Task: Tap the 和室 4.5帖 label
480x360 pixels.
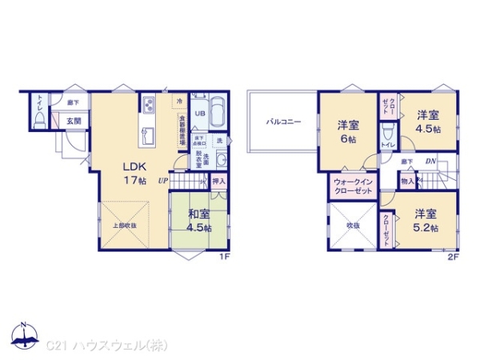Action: (198, 220)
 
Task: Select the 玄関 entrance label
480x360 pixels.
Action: (74, 121)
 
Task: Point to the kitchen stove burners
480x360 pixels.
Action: (149, 105)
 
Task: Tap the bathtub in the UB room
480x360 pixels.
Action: (218, 114)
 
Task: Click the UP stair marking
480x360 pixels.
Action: (162, 182)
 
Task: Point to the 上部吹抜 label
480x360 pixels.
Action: (123, 226)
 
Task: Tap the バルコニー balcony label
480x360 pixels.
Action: (283, 122)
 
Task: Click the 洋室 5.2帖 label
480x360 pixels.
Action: (426, 220)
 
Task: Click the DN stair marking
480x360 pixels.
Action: (430, 162)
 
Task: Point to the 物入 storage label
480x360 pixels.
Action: (407, 182)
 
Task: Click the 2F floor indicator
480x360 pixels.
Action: (452, 258)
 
